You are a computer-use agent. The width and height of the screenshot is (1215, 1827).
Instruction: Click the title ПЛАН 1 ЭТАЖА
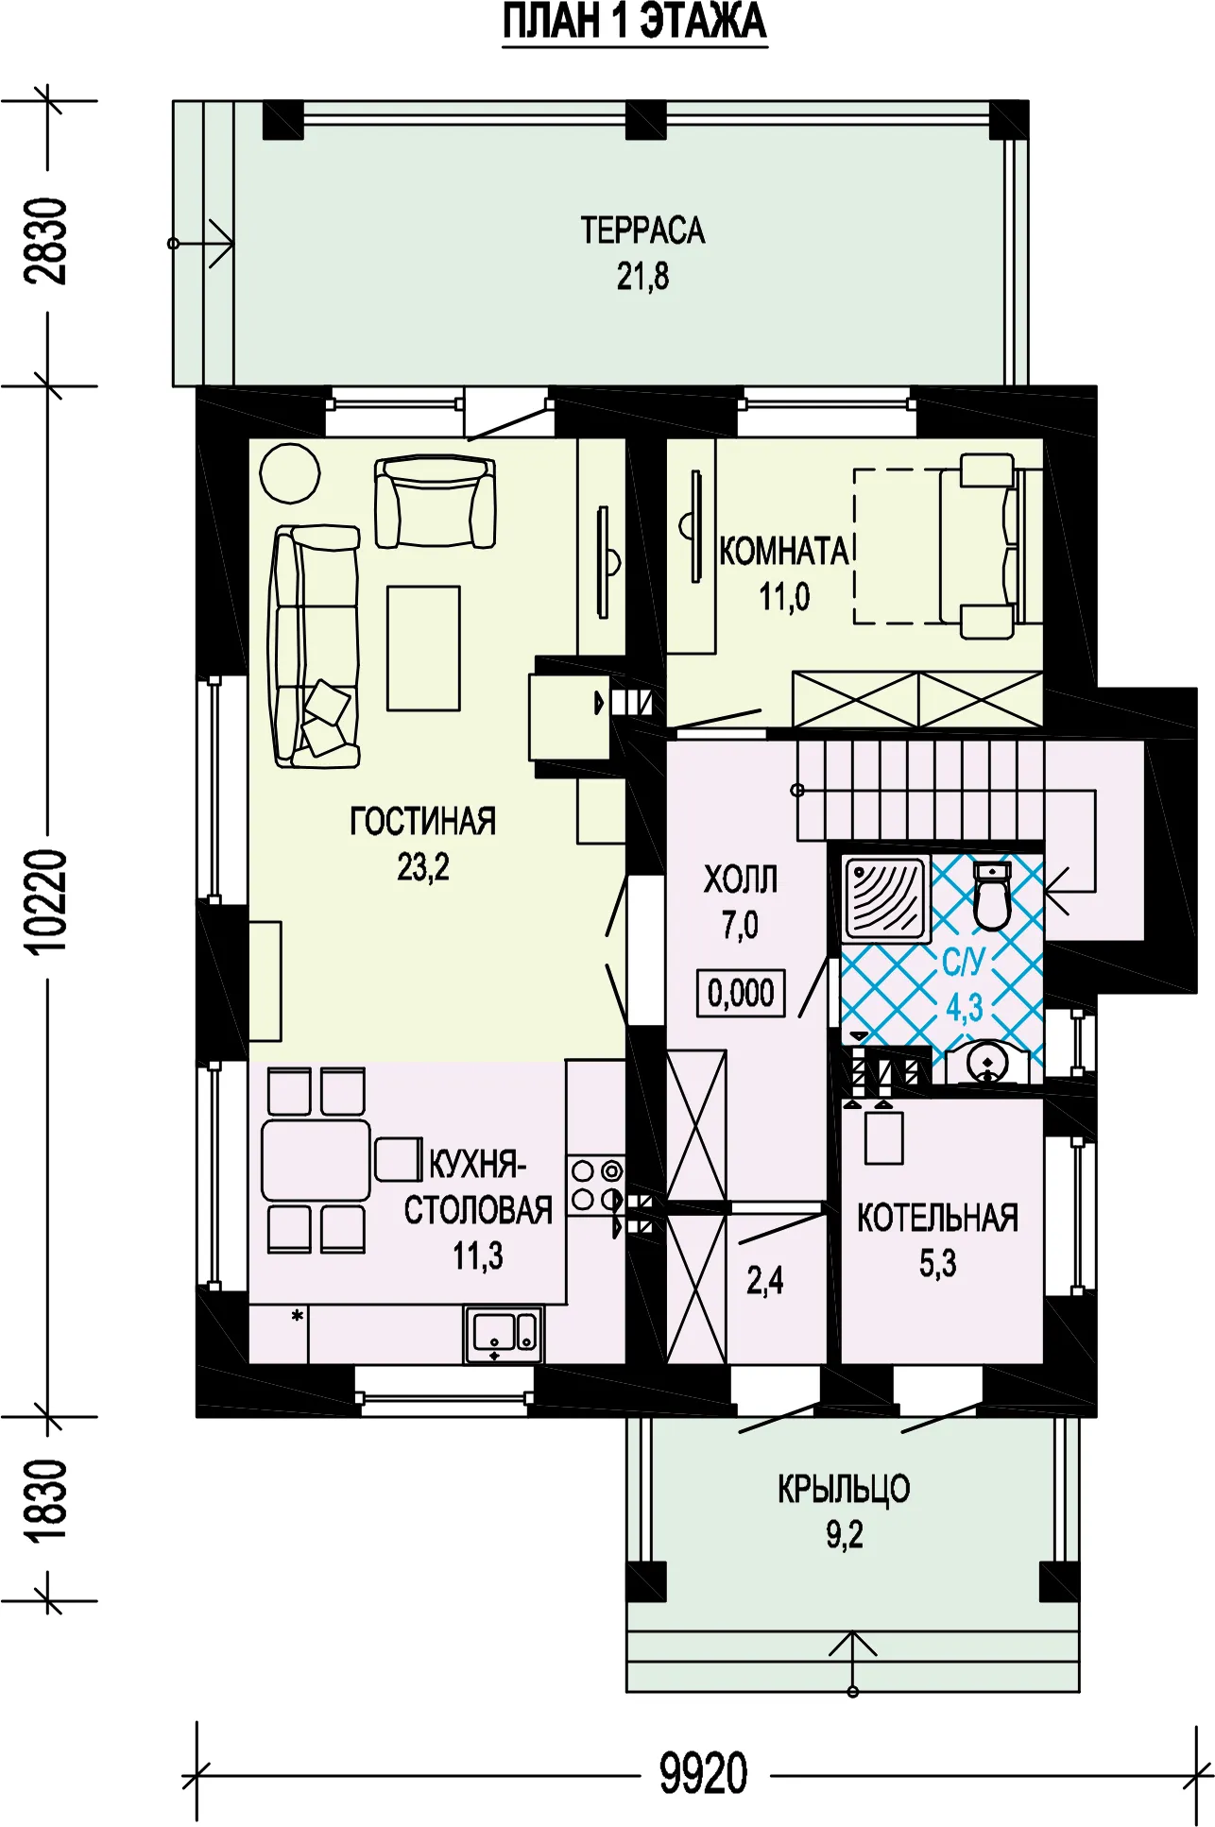click(634, 23)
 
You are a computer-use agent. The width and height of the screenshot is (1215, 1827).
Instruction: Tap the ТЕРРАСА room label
click(642, 231)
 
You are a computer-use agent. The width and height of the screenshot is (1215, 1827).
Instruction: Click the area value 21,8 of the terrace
click(642, 277)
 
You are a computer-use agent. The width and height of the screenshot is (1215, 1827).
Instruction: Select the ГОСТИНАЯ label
click(422, 821)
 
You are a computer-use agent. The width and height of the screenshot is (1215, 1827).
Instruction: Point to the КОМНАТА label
click(784, 551)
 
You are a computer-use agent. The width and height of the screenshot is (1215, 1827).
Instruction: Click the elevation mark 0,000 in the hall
click(741, 993)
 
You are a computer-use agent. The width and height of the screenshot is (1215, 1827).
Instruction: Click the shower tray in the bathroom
click(885, 898)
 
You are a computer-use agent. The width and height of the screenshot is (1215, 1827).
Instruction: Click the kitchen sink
click(504, 1334)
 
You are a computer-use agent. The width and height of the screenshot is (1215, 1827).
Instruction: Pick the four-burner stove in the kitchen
click(596, 1186)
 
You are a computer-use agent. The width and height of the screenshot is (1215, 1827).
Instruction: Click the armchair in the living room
click(435, 502)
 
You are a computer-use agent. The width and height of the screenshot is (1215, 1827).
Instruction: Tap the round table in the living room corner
click(290, 472)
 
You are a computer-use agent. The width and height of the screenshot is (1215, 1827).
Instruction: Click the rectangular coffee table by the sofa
click(423, 648)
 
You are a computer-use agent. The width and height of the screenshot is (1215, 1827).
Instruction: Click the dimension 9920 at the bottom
click(703, 1773)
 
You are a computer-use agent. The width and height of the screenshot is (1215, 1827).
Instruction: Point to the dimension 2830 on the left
click(46, 241)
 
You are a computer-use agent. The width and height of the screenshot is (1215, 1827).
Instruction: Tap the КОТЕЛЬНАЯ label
click(937, 1219)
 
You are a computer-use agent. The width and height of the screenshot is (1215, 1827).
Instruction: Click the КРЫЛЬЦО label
click(844, 1489)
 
